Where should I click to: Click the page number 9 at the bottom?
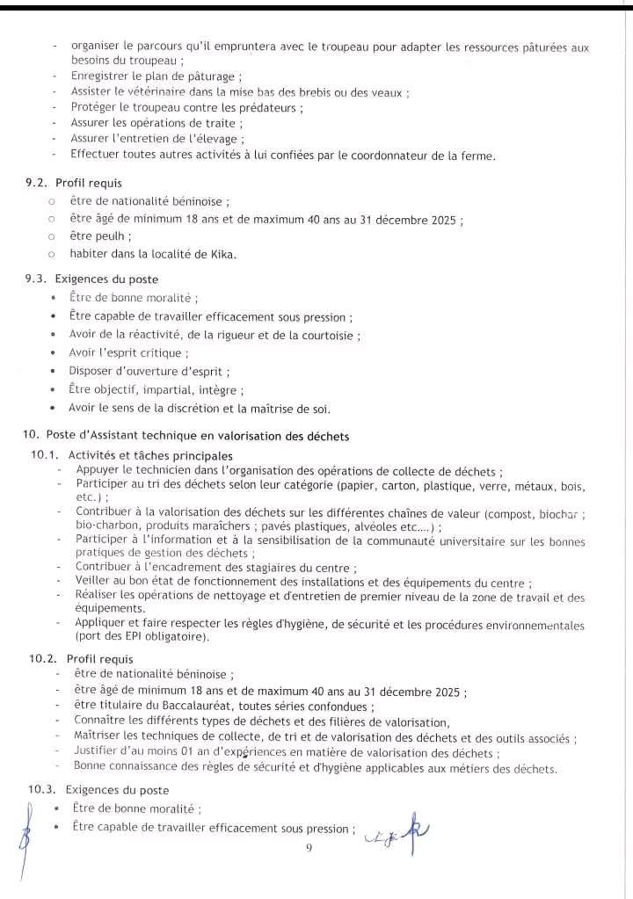click(309, 848)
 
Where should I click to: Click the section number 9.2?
click(38, 185)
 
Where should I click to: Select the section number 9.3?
click(38, 279)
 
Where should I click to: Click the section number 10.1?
click(46, 455)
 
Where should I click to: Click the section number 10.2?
click(46, 658)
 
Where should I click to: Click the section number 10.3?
click(46, 789)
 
